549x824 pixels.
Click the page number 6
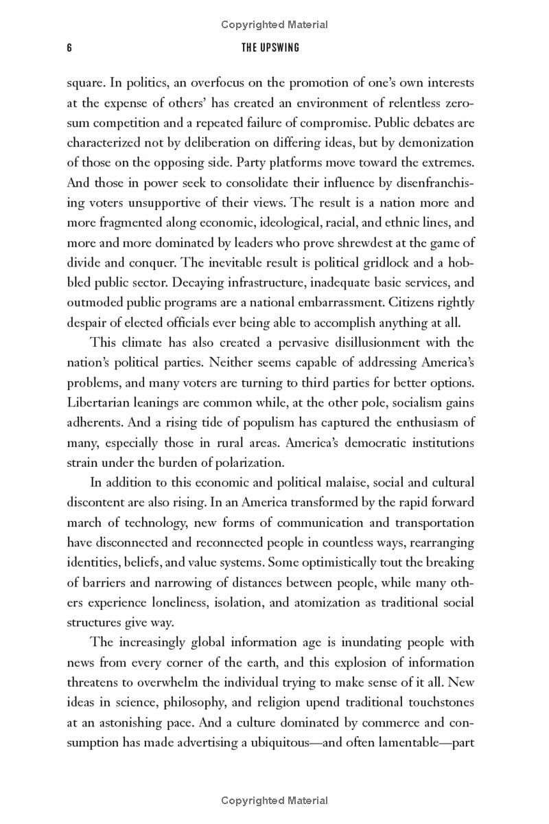[x=70, y=48]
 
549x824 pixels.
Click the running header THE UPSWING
[x=274, y=48]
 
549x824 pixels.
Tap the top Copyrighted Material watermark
[x=274, y=25]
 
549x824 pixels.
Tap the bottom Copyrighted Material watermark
[x=274, y=801]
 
